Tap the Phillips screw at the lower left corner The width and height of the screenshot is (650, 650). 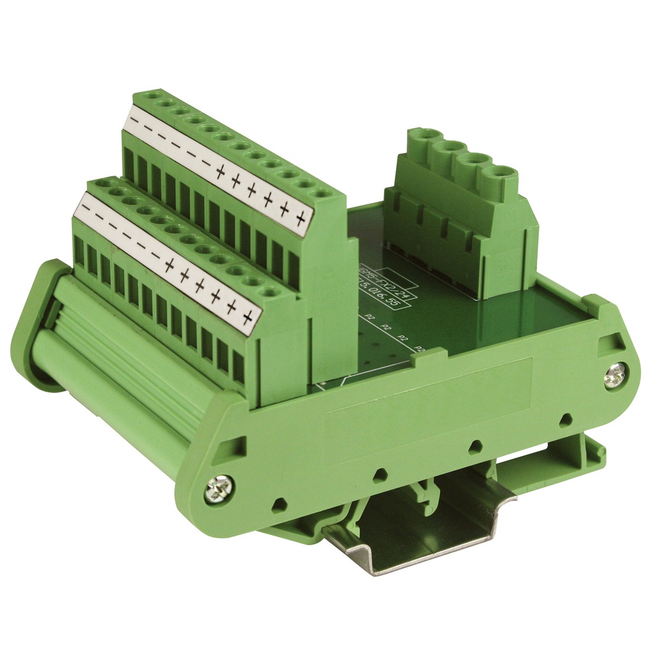(x=218, y=489)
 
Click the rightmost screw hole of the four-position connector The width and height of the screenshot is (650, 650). (x=500, y=173)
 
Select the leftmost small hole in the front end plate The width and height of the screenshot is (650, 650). (x=278, y=505)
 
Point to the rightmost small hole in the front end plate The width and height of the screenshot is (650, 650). (x=566, y=420)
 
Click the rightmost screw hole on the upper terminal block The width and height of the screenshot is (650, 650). (x=322, y=192)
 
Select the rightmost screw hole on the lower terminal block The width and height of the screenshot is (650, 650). (x=269, y=291)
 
